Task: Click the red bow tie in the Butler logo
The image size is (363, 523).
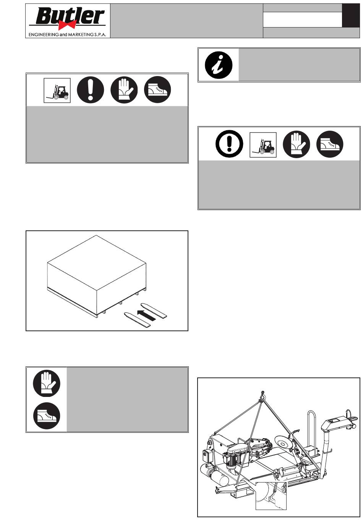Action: point(67,24)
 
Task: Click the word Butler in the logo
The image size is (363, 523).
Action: point(70,16)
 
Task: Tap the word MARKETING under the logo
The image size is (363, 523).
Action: point(81,35)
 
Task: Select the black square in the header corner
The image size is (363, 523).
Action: point(351,15)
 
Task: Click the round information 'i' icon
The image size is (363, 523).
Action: point(219,65)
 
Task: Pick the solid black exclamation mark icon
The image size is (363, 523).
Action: point(91,90)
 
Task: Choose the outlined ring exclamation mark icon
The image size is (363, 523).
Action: point(229,144)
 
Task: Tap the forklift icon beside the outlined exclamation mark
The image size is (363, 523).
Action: point(263,145)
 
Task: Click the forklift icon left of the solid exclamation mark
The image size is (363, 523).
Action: point(57,91)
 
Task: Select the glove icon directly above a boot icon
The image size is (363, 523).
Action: point(47,384)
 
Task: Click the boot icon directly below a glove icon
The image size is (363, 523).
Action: point(47,416)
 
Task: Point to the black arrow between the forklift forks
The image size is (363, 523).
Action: point(146,315)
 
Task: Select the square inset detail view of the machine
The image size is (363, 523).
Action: point(271,496)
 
